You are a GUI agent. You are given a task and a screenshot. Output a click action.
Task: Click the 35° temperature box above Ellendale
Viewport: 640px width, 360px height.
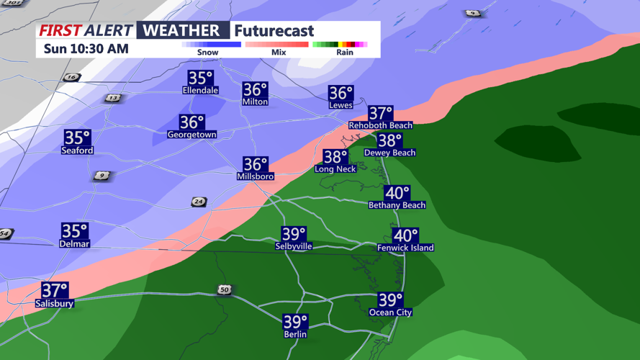click(x=201, y=78)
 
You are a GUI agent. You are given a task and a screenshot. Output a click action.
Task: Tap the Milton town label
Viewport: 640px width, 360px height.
click(x=255, y=102)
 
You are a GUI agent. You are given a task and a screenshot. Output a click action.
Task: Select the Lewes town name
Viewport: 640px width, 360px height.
click(x=341, y=105)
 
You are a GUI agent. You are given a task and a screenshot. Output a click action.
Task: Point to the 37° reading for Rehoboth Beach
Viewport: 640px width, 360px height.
click(x=380, y=113)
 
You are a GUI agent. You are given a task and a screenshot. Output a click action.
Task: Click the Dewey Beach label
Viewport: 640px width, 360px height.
click(x=389, y=153)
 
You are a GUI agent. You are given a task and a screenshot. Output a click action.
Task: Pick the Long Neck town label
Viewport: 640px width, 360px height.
click(x=335, y=169)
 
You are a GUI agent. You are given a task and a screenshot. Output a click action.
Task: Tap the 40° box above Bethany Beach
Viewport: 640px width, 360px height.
click(x=397, y=193)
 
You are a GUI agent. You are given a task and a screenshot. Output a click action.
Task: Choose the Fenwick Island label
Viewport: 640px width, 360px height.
click(x=405, y=248)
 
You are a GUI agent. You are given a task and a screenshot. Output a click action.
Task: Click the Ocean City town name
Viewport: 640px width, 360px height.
click(x=391, y=312)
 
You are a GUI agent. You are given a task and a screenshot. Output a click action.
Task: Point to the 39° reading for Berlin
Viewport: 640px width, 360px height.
click(x=295, y=321)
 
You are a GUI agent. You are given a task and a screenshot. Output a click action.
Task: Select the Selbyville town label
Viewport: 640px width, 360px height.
click(x=294, y=246)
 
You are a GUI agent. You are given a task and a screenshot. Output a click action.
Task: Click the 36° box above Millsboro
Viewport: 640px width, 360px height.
click(x=256, y=165)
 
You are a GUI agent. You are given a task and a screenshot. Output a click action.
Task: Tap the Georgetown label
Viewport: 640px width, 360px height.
click(x=192, y=135)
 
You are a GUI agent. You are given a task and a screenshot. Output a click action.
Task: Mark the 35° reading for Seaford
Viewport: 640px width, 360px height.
click(x=77, y=138)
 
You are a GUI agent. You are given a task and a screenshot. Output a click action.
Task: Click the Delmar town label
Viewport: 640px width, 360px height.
click(x=74, y=244)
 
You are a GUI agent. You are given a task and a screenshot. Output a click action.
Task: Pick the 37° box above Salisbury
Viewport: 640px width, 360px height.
click(x=55, y=290)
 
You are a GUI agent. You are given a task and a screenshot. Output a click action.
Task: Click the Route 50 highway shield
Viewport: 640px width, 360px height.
click(x=225, y=289)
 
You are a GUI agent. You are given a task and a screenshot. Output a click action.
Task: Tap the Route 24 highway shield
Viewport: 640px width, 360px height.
click(x=199, y=202)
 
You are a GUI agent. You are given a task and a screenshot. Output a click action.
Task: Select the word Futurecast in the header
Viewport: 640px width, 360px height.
click(x=274, y=31)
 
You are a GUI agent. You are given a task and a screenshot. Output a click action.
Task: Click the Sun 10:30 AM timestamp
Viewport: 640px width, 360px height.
click(x=86, y=49)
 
